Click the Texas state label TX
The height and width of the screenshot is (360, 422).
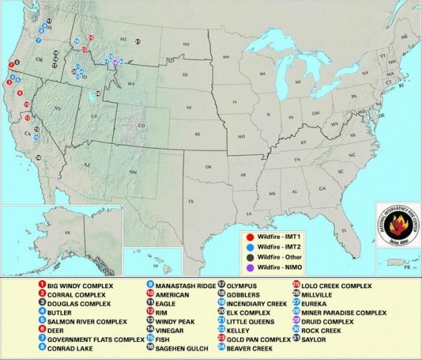[191, 200]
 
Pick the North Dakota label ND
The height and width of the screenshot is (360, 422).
[185, 45]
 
